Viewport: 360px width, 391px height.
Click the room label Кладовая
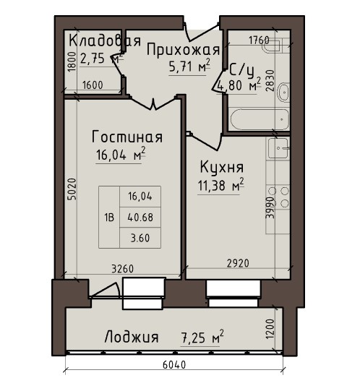click(105, 40)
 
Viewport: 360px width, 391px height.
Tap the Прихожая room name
click(183, 50)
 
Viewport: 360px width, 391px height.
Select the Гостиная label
click(127, 137)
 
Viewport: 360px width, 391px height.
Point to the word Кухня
click(222, 168)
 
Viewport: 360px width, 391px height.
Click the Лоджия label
click(132, 337)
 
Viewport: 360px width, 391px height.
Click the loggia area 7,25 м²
click(202, 338)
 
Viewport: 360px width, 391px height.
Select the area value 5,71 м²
click(189, 66)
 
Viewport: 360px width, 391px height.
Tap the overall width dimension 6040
click(174, 365)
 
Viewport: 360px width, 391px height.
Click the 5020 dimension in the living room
click(72, 189)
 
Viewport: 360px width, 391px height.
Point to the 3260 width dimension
click(122, 269)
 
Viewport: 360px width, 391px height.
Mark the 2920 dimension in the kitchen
click(238, 263)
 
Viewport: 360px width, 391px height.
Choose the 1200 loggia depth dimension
click(270, 329)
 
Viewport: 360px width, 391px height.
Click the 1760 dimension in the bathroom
click(260, 40)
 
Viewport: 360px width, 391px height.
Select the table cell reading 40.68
click(140, 218)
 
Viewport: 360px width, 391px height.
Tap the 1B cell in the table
click(109, 218)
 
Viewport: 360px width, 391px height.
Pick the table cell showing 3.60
click(140, 238)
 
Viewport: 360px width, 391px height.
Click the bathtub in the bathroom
click(260, 119)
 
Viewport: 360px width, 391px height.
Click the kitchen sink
click(278, 148)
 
